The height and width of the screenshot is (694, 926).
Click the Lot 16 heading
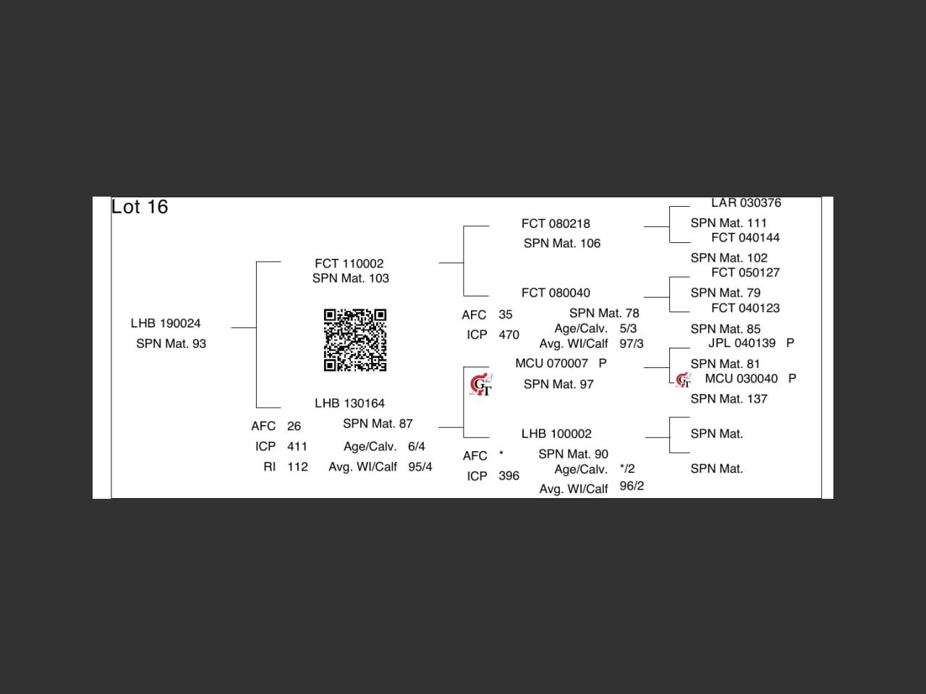point(140,207)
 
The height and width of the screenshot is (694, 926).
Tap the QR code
point(354,340)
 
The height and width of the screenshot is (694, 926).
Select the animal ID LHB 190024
point(166,323)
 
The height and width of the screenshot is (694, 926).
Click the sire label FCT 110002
point(349,264)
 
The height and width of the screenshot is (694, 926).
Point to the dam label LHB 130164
point(349,403)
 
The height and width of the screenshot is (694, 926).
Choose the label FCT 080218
point(556,224)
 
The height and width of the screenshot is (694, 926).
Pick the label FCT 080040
point(556,293)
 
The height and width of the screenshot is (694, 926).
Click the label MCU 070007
point(552,363)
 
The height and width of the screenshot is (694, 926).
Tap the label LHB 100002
point(556,434)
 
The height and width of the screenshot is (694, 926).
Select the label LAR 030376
point(746,203)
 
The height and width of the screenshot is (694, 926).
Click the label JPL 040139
point(742,343)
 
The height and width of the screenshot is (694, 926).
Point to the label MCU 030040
point(741,379)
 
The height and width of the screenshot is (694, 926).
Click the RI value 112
point(297,467)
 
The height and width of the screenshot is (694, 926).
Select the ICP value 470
point(509,335)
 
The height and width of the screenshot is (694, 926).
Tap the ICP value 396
point(509,476)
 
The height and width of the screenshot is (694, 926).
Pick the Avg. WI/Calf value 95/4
point(420,467)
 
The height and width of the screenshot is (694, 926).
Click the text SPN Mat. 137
point(729,399)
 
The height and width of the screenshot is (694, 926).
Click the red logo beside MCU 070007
point(481,385)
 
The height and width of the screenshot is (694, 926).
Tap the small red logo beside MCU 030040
point(683,380)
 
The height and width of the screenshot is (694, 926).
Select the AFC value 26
point(294,427)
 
